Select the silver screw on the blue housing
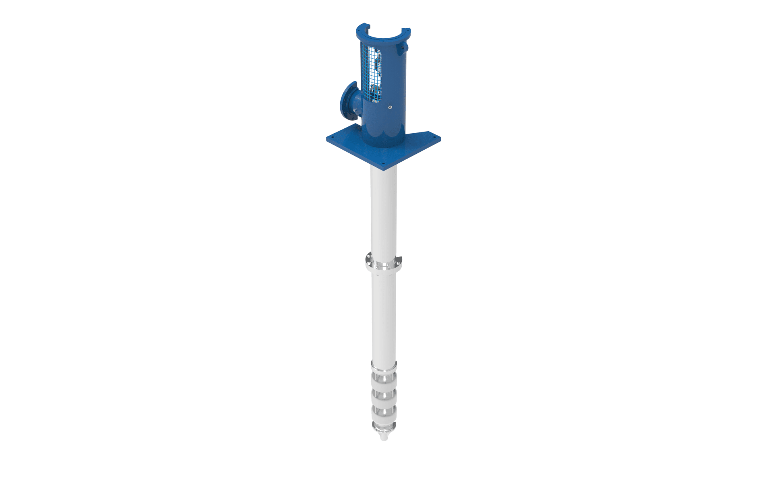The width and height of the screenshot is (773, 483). tap(389, 107)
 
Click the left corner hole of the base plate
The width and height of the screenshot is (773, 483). tap(332, 138)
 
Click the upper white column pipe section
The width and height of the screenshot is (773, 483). tap(383, 209)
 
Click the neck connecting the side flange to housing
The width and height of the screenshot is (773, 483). tap(358, 105)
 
